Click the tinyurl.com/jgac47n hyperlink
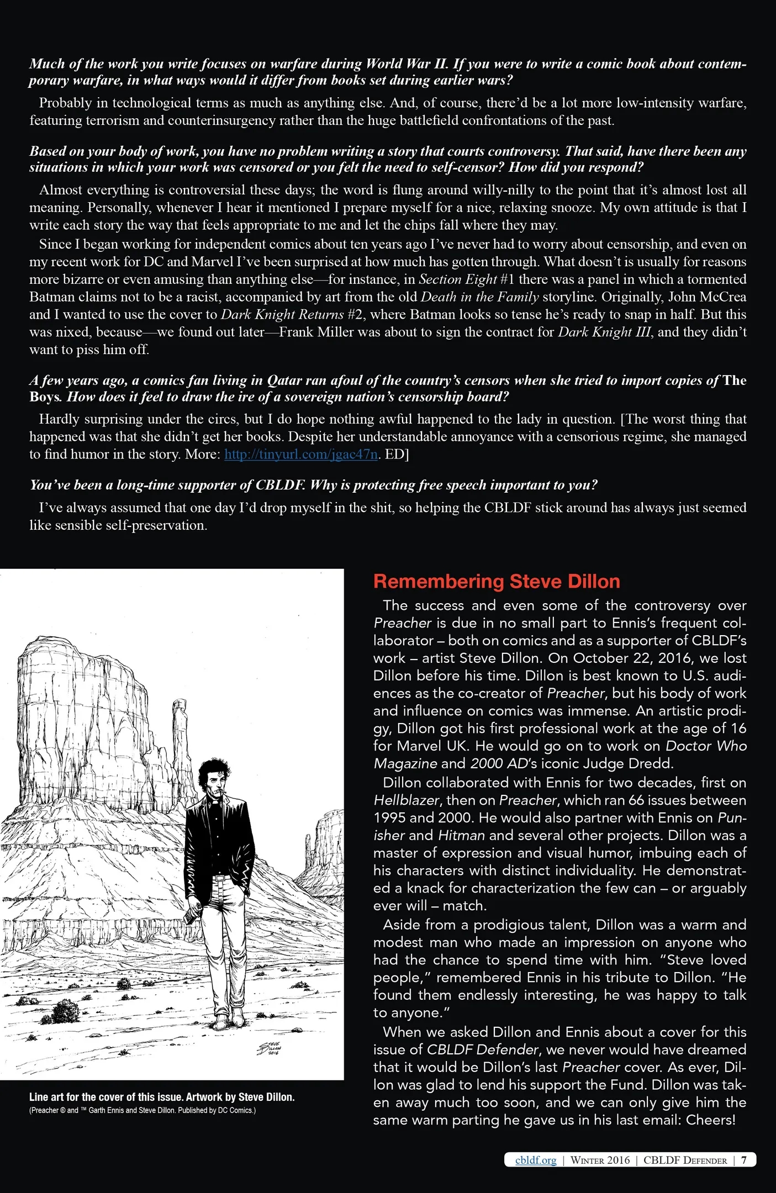pos(301,455)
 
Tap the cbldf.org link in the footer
pos(535,1159)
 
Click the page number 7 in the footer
pos(744,1159)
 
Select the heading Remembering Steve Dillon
pos(496,581)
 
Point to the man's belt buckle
pos(219,877)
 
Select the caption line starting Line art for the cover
pos(161,1097)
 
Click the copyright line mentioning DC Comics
pos(142,1110)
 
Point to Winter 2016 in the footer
pos(600,1160)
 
